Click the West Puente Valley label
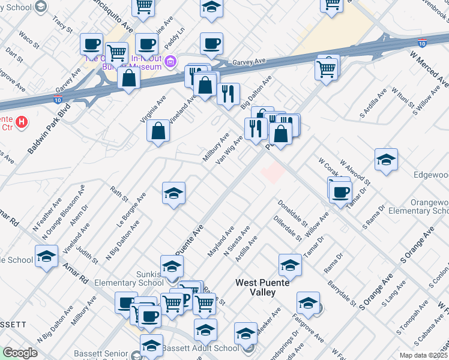[264, 287]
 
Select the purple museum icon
[170, 61]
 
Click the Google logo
[19, 353]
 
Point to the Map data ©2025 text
[424, 355]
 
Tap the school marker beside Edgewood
[386, 160]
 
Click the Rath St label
[119, 193]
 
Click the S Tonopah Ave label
[406, 324]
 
